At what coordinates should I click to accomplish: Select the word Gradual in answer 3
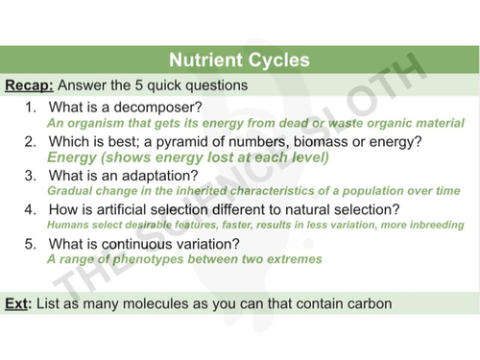tap(68, 191)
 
